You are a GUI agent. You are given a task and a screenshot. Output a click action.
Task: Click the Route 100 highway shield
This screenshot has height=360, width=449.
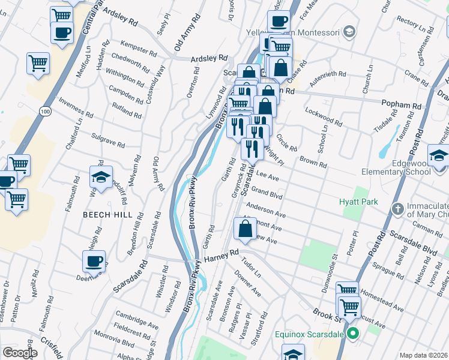45,112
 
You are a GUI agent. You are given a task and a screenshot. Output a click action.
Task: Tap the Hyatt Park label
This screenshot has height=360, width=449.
358,202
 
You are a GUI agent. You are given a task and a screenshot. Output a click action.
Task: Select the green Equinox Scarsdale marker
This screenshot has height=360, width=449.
352,334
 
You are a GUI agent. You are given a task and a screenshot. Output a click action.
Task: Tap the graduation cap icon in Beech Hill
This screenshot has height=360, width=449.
101,178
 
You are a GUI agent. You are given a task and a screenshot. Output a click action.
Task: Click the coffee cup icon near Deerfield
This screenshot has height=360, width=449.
94,261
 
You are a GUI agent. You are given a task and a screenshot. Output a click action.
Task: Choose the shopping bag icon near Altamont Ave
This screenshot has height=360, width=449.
245,229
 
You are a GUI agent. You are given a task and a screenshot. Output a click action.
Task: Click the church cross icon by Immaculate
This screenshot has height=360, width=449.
397,209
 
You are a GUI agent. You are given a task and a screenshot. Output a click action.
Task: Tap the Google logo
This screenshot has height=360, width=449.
19,352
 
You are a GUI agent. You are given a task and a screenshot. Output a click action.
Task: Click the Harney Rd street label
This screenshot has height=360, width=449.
221,257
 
